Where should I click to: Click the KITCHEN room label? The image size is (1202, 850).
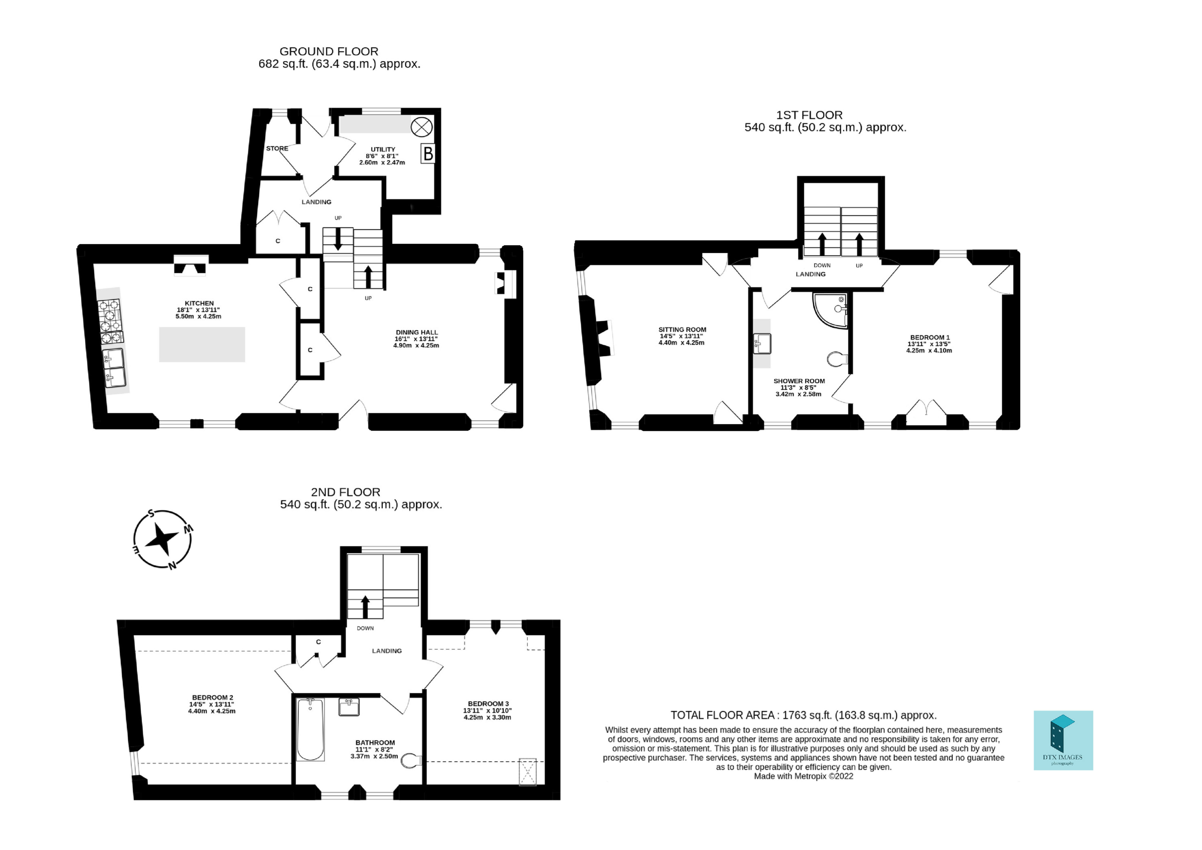pos(199,303)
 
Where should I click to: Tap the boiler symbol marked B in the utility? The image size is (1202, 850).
pos(428,154)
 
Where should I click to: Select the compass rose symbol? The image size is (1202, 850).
pos(162,540)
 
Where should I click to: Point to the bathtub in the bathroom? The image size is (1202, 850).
pos(310,729)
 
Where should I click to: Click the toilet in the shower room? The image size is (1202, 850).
pos(838,359)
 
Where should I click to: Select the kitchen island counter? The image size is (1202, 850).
pos(202,345)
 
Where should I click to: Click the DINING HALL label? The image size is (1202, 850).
pos(417,332)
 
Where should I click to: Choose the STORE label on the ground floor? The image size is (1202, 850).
pos(277,148)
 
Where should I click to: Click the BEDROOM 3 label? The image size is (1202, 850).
pos(488,703)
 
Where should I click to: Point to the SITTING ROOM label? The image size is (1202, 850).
pos(682,329)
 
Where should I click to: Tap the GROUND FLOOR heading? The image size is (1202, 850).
pos(329,51)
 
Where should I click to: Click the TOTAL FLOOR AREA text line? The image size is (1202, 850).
pos(803,715)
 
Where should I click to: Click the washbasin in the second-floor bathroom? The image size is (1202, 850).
pos(349,707)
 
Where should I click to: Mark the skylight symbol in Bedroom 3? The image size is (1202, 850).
pos(528,772)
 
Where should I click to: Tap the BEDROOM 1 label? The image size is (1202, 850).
pos(930,337)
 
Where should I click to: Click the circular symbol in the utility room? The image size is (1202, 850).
pos(422,127)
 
